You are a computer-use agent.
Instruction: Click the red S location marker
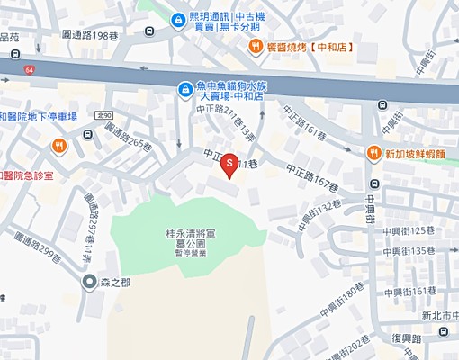[229, 163]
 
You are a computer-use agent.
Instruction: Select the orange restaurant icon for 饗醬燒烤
[256, 47]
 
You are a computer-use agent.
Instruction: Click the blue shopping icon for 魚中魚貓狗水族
[184, 89]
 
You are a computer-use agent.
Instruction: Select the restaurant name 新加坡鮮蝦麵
[416, 154]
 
